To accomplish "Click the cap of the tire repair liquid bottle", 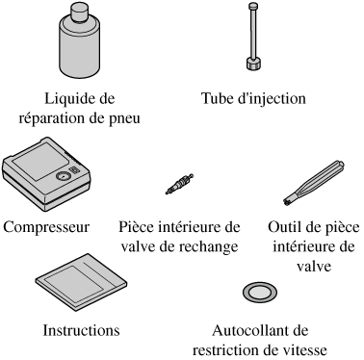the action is (x=79, y=13).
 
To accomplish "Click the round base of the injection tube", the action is (x=254, y=64).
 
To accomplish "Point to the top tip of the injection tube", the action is (x=253, y=4).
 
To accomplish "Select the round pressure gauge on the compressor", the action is (x=63, y=176).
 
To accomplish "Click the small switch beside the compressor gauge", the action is (x=75, y=170).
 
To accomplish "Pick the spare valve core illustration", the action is (x=179, y=184).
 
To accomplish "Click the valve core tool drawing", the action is (x=314, y=182).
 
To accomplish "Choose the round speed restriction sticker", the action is (x=260, y=293).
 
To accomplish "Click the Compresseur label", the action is (x=46, y=227).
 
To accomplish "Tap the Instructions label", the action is (x=82, y=330).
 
